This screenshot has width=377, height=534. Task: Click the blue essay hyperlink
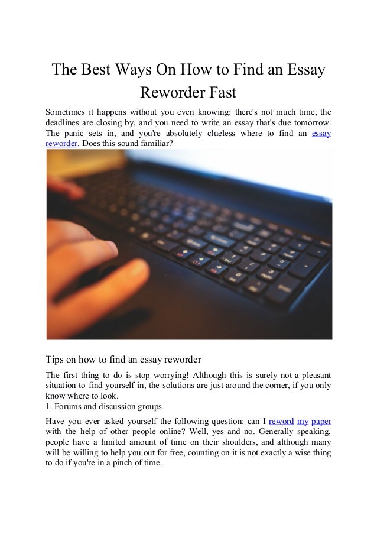click(321, 133)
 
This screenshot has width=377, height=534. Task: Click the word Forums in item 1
click(69, 407)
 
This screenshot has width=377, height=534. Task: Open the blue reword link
click(281, 422)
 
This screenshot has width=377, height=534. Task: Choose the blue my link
click(303, 422)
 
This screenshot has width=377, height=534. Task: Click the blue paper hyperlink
click(321, 422)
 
